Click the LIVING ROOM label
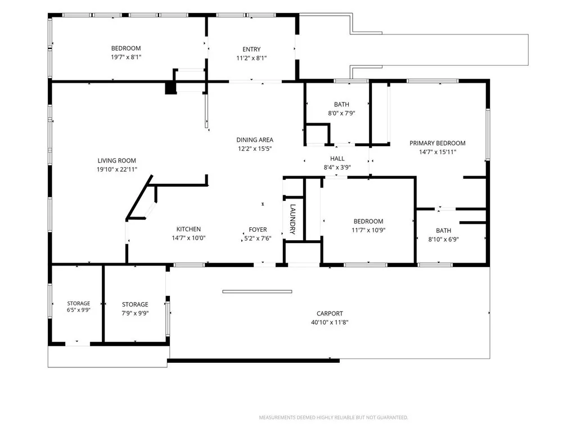point(117,160)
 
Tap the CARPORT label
point(330,313)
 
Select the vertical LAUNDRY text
point(292,219)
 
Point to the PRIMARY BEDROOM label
point(438,143)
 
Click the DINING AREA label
point(255,140)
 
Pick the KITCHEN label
point(188,229)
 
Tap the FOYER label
point(258,229)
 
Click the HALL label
point(337,159)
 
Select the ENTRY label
point(251,49)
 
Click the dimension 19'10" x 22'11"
point(117,169)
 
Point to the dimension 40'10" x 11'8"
point(330,322)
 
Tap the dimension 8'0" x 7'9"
point(341,113)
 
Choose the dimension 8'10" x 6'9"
point(443,240)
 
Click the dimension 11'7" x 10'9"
point(368,230)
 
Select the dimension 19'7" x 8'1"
point(126,57)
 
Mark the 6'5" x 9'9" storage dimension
point(79,310)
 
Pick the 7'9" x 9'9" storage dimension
point(135,313)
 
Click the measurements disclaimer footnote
point(334,417)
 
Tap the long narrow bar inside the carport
point(257,292)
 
